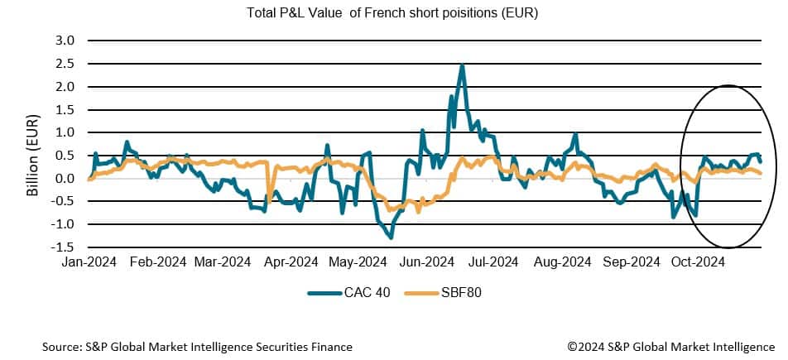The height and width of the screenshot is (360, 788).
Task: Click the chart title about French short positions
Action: click(x=393, y=14)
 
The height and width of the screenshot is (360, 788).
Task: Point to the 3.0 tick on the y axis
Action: click(x=64, y=41)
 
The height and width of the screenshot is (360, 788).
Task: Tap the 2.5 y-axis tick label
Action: click(x=64, y=64)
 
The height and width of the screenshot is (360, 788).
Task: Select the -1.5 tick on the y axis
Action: click(x=62, y=247)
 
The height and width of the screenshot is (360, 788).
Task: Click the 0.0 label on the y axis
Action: click(x=64, y=179)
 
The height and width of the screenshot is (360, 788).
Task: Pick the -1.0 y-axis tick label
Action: click(x=62, y=224)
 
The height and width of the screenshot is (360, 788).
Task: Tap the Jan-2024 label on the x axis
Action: click(x=88, y=262)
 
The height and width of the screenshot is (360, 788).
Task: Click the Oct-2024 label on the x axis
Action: click(x=696, y=262)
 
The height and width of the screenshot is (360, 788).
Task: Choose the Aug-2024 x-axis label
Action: click(x=563, y=262)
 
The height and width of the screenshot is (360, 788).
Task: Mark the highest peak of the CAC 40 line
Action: click(x=462, y=65)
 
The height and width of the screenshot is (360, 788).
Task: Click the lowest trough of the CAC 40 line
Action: click(x=390, y=238)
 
